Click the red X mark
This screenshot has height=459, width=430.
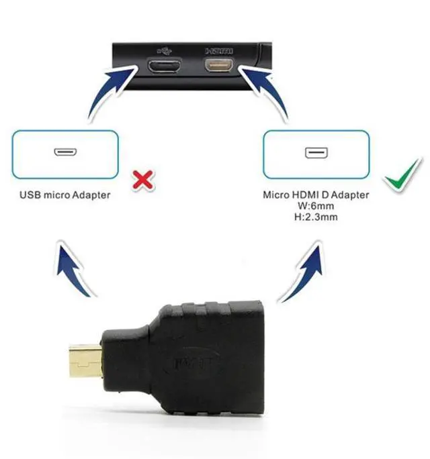[x=142, y=178]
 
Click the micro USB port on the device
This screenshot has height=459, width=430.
[x=164, y=67]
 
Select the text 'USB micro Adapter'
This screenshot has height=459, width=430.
[x=65, y=195]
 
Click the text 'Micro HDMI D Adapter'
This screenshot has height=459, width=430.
[x=316, y=195]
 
